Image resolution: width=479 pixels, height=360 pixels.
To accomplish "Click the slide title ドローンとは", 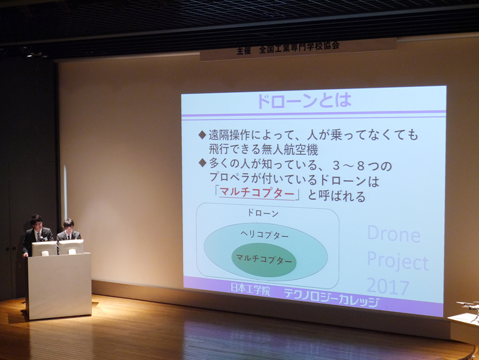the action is [304, 101].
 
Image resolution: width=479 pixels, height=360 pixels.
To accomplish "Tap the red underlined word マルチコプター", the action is [257, 193].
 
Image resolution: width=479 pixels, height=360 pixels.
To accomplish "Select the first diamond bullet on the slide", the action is [202, 135].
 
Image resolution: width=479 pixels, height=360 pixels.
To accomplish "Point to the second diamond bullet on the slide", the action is [202, 163].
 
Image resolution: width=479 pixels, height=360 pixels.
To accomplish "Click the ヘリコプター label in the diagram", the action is [264, 235].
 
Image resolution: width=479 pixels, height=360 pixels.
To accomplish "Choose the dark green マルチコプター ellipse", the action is [264, 260].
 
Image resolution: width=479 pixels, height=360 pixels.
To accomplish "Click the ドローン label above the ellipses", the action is [262, 213].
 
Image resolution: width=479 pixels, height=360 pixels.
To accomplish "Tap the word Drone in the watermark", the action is [393, 234].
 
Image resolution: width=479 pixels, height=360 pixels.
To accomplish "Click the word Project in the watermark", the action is [398, 261].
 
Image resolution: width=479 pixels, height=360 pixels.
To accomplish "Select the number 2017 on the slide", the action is [388, 287].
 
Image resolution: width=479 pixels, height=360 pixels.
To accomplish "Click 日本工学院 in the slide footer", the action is [250, 289].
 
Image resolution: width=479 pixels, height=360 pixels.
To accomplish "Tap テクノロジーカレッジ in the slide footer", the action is [331, 298].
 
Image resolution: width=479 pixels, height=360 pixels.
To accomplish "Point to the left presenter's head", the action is [36, 221].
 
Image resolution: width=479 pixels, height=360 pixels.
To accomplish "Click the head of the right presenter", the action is [68, 225].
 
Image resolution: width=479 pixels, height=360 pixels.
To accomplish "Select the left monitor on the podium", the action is [44, 248].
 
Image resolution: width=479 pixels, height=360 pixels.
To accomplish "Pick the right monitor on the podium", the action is [71, 246].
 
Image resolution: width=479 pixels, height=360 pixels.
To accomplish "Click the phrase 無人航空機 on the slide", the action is [290, 150].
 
